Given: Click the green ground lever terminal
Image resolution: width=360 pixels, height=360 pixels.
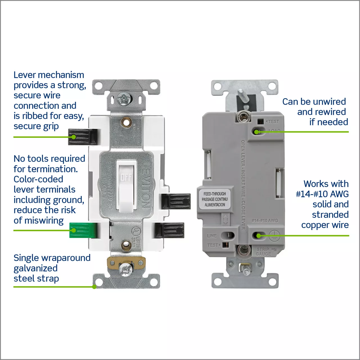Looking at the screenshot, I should [83, 230].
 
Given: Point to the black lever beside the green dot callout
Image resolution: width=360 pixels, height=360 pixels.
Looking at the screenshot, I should [83, 137].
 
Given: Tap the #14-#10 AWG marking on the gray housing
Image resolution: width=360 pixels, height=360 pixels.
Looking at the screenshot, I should [264, 220].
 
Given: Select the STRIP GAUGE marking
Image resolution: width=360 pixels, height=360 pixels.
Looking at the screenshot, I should [264, 252].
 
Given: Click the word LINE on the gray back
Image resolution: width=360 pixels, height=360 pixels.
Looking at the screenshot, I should [212, 236].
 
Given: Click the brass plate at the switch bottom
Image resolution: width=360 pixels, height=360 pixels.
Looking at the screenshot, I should [126, 263].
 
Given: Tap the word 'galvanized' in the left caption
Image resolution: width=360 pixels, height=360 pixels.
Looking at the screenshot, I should [35, 268].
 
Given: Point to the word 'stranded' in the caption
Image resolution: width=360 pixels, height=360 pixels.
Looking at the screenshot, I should [330, 215].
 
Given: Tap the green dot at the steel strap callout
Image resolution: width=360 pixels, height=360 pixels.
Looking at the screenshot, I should [94, 287].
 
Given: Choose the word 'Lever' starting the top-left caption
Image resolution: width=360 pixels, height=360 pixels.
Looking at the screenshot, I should [25, 75].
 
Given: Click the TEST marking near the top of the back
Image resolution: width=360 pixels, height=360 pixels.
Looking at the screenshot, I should [273, 121].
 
